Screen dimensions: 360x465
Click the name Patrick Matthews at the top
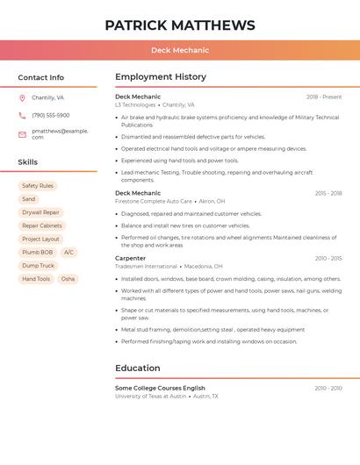pyautogui.click(x=180, y=25)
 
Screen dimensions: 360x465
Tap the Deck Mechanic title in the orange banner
pyautogui.click(x=180, y=51)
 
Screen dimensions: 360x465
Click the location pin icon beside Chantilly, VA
pyautogui.click(x=22, y=97)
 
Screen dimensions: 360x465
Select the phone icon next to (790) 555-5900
pyautogui.click(x=22, y=115)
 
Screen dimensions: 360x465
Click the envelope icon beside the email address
pyautogui.click(x=22, y=133)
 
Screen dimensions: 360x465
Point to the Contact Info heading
pyautogui.click(x=40, y=77)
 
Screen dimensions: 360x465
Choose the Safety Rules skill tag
pyautogui.click(x=38, y=186)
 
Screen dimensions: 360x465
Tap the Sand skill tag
pyautogui.click(x=29, y=199)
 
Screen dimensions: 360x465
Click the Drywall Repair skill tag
pyautogui.click(x=40, y=212)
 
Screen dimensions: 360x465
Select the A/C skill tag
pyautogui.click(x=68, y=252)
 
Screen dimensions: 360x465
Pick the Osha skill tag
pyautogui.click(x=68, y=279)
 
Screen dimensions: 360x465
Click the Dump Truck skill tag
pyautogui.click(x=38, y=266)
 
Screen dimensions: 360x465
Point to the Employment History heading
pyautogui.click(x=161, y=76)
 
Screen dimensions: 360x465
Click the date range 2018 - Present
pyautogui.click(x=324, y=97)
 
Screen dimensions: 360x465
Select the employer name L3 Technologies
pyautogui.click(x=135, y=104)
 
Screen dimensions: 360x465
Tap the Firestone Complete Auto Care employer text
pyautogui.click(x=153, y=201)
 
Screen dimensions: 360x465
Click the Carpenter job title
pyautogui.click(x=130, y=258)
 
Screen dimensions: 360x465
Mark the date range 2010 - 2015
pyautogui.click(x=328, y=259)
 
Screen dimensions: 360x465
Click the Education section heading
pyautogui.click(x=137, y=368)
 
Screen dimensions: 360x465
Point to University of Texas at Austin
pyautogui.click(x=150, y=396)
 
